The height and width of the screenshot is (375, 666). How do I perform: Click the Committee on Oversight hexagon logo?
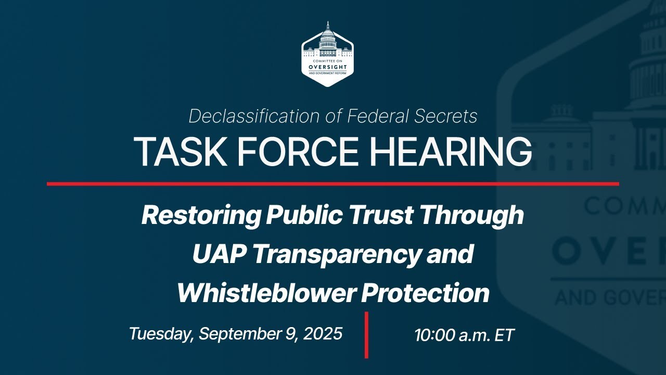coord(327,53)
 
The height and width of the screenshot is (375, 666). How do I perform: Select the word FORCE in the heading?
coord(292,152)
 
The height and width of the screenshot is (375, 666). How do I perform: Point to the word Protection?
coord(426,293)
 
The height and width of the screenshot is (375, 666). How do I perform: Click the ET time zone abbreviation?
coord(504,335)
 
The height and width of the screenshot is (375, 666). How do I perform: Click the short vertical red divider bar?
coord(366,335)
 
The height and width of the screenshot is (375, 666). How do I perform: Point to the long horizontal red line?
coord(333,183)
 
